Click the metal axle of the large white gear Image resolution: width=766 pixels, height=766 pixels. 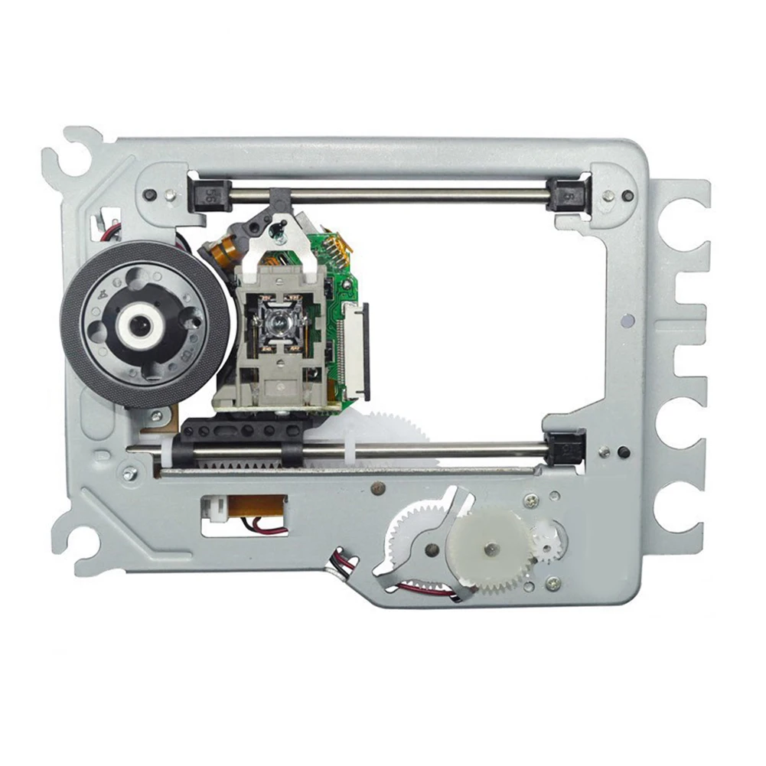[x=491, y=548]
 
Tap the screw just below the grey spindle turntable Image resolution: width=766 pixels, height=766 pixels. [x=157, y=417]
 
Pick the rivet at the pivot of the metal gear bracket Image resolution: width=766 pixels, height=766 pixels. [x=432, y=549]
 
